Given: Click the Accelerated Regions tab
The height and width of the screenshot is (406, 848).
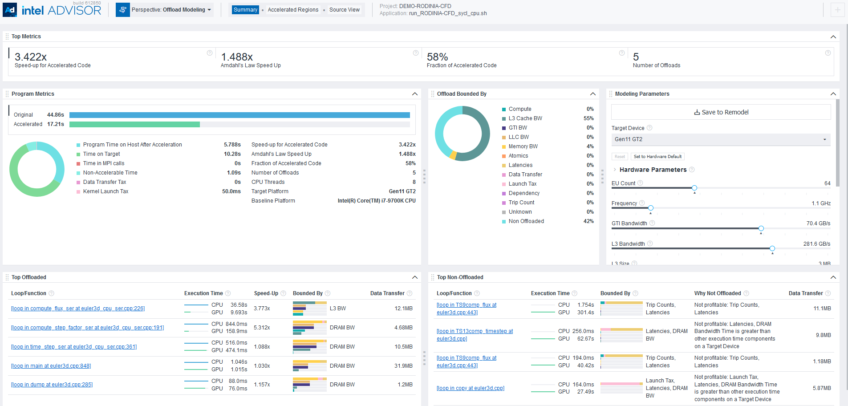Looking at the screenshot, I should click(293, 10).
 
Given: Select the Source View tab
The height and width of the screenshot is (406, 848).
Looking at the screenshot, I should click(344, 10).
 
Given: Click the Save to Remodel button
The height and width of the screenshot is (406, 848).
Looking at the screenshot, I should click(721, 112).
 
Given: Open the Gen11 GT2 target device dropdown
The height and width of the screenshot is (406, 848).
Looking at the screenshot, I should click(721, 139).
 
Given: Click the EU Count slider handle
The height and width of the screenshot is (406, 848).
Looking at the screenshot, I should click(694, 188).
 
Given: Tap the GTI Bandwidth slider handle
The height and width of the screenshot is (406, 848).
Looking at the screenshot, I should click(761, 228).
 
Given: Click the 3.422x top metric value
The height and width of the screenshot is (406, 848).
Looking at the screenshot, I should click(31, 57).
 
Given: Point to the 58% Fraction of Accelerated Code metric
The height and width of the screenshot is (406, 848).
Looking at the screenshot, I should click(438, 57).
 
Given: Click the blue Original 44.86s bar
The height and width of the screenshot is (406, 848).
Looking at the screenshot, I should click(239, 115).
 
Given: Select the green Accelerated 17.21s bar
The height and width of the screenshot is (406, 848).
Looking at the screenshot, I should click(134, 125).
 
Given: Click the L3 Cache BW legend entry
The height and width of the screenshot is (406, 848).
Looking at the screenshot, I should click(525, 118).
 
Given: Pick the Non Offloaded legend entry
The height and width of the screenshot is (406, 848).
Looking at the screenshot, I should click(526, 221).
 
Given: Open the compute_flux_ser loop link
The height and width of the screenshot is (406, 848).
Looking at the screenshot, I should click(78, 309).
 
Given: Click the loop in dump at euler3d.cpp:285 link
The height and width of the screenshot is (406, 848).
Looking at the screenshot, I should click(52, 385).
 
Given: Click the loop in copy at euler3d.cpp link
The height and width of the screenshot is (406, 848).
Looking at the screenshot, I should click(471, 388).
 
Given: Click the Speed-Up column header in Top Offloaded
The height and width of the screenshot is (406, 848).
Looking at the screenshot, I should click(266, 293).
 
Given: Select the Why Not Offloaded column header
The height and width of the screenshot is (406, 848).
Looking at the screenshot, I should click(717, 293).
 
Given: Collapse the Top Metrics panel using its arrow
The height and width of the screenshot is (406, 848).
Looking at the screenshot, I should click(833, 37).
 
